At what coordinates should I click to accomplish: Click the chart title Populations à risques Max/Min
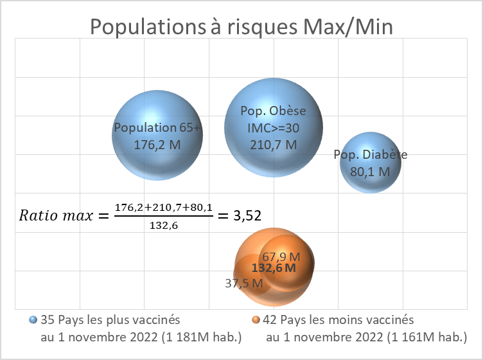click(241, 28)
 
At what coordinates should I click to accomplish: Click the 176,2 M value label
click(157, 145)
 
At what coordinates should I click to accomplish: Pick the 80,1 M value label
click(370, 172)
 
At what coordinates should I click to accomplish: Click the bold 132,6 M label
click(274, 268)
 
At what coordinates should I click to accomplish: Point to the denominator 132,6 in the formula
click(163, 226)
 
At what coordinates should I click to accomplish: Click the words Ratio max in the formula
click(57, 215)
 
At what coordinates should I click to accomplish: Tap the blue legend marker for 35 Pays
click(33, 319)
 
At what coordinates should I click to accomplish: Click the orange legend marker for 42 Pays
click(256, 319)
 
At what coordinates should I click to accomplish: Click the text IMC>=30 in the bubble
click(274, 128)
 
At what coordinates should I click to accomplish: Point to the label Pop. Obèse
click(274, 111)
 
